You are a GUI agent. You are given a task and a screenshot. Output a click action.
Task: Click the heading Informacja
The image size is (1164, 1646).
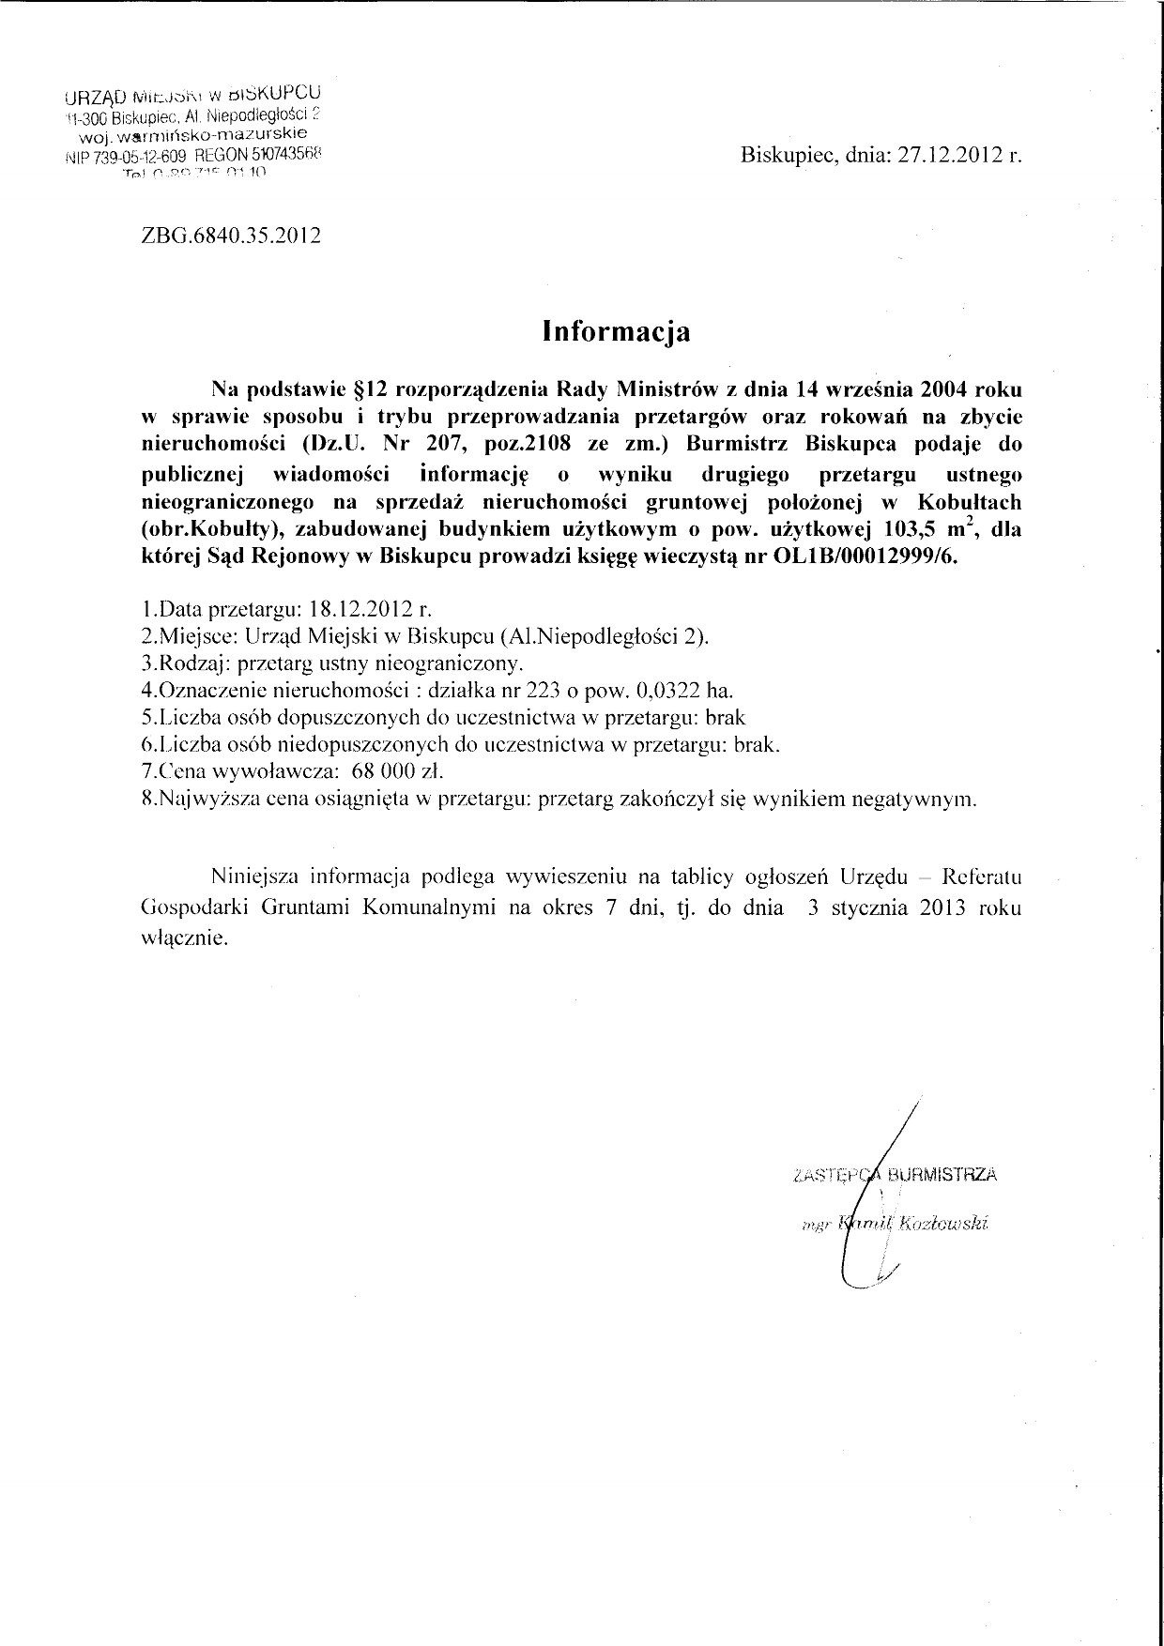pyautogui.click(x=617, y=331)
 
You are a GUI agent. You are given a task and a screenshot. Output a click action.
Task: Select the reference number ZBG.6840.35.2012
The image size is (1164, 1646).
pyautogui.click(x=229, y=236)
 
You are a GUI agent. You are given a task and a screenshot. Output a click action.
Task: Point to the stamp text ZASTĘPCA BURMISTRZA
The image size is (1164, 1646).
pyautogui.click(x=895, y=1173)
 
